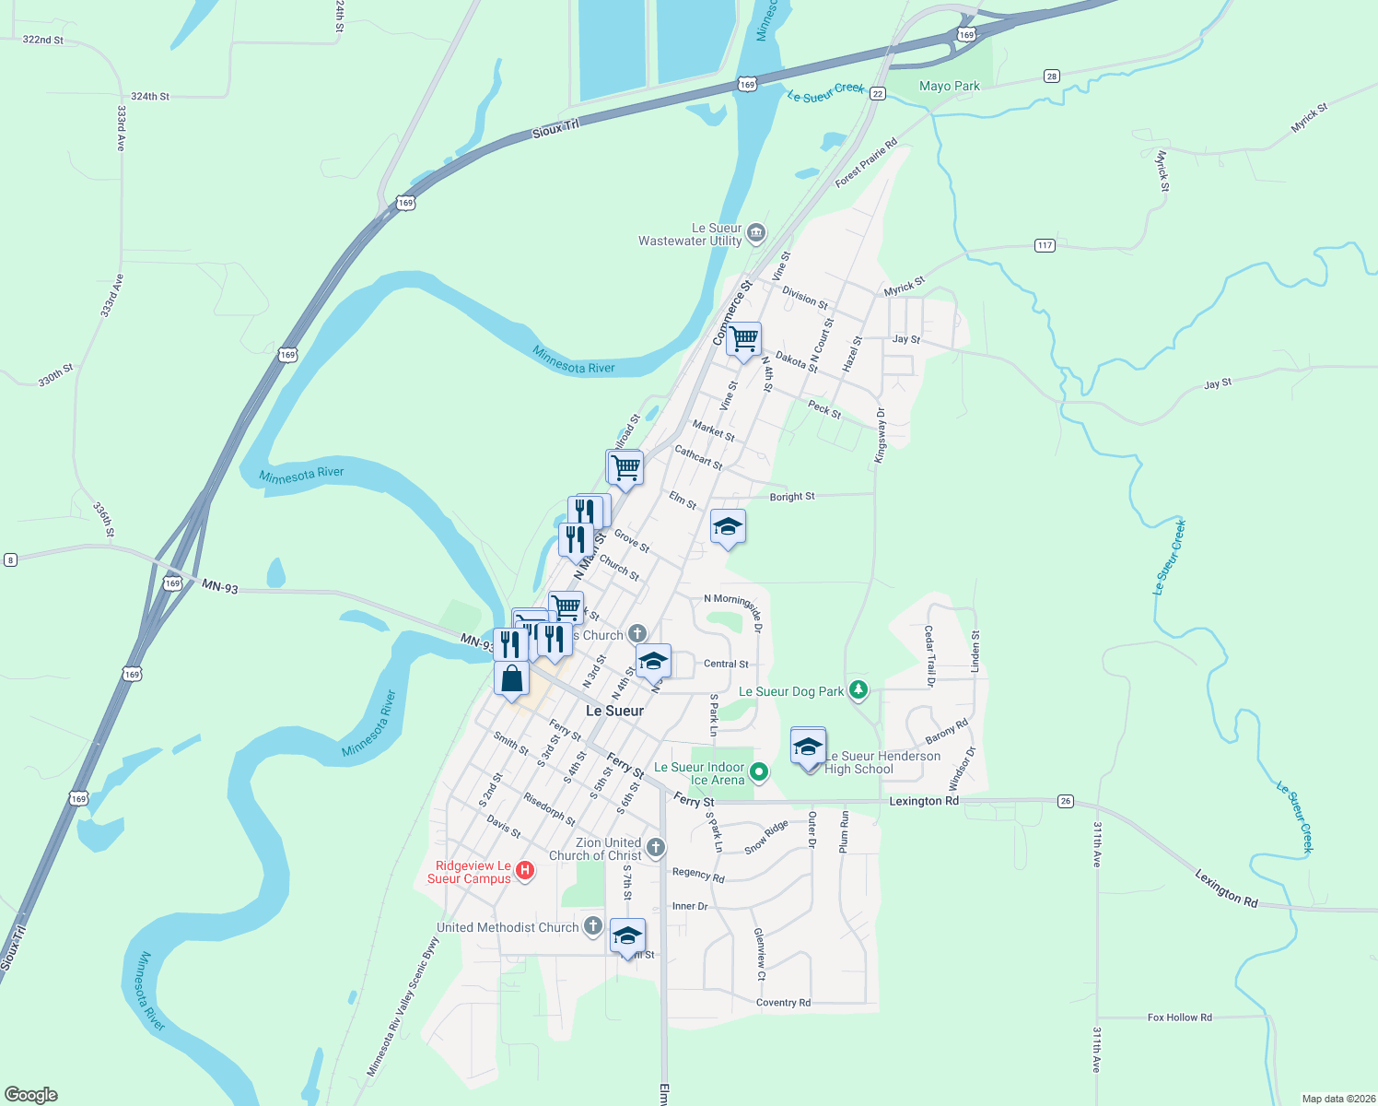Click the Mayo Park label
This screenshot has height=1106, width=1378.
(950, 86)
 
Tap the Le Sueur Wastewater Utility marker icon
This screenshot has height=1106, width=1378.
(756, 231)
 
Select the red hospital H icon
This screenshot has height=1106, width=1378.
(525, 870)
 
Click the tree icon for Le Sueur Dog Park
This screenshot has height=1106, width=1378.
(858, 688)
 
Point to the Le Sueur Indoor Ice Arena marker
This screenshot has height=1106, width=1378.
(759, 771)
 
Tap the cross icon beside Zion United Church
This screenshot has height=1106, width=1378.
(655, 847)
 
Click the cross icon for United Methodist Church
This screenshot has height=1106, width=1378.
(593, 925)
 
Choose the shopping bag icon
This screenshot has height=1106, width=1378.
(511, 679)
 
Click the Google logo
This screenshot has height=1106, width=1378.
(31, 1095)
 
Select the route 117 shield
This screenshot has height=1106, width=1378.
(1045, 245)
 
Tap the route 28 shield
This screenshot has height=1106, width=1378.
(1052, 76)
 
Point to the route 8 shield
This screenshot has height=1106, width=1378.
(10, 559)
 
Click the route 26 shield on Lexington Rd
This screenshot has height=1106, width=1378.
(1066, 801)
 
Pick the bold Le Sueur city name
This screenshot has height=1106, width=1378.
(614, 711)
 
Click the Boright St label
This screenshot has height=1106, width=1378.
(792, 497)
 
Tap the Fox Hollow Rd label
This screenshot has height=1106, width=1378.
(1179, 1018)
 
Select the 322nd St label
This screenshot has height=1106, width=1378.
(43, 40)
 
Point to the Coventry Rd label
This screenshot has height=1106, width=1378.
(783, 1003)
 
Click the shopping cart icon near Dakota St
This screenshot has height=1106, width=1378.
(743, 339)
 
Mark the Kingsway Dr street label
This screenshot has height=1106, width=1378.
(880, 435)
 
